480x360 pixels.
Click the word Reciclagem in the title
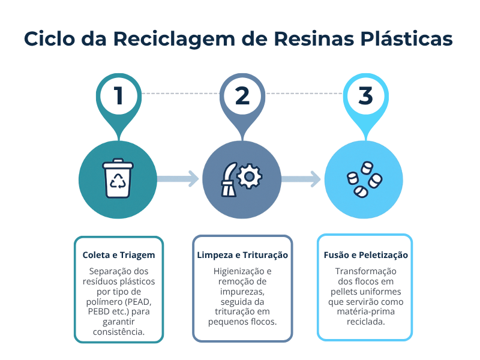(x=162, y=39)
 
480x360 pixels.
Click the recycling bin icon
(x=118, y=178)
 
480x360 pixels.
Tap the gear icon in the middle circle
(x=250, y=177)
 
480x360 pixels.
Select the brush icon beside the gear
(x=229, y=178)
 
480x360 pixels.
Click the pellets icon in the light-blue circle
(x=364, y=179)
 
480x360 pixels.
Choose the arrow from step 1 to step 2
(x=178, y=178)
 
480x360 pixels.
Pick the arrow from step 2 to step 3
(x=301, y=178)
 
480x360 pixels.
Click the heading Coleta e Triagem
(x=118, y=255)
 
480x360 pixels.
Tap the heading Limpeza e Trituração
(x=242, y=255)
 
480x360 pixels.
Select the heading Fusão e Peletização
(x=365, y=255)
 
